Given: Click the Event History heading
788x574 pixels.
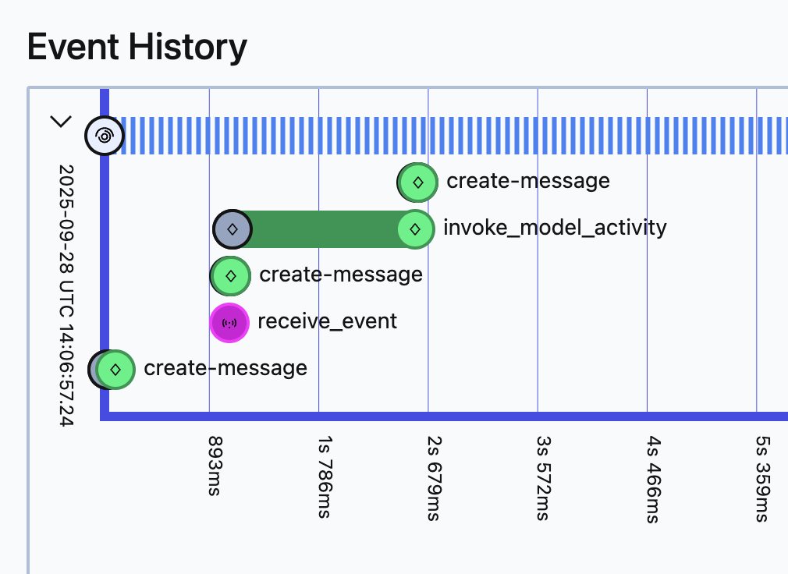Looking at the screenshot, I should (137, 47).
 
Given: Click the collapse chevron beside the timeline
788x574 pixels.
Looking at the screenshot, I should (61, 122).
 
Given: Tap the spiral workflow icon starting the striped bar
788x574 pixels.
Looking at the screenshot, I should (104, 136).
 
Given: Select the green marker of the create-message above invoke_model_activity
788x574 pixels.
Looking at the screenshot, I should (417, 182).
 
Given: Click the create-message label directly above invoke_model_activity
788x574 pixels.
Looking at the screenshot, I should (528, 182).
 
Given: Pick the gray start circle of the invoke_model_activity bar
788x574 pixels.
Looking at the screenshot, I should (232, 229).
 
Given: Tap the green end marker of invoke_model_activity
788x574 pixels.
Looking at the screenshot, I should (415, 229).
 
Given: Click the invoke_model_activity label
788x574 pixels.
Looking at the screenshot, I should (555, 228).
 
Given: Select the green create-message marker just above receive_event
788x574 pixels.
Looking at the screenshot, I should (230, 275).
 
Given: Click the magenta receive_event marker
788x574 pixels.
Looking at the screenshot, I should (229, 322).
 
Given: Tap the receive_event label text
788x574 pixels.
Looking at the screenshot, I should (327, 321).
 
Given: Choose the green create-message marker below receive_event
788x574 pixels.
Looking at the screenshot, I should (115, 369).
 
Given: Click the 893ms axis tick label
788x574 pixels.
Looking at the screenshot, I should (211, 466).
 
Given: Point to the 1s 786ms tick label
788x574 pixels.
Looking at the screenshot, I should (321, 478).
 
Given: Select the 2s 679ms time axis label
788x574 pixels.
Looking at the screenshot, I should (430, 478).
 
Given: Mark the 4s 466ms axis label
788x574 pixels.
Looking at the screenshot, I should (649, 478).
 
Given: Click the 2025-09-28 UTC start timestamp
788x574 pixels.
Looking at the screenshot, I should (66, 295).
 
